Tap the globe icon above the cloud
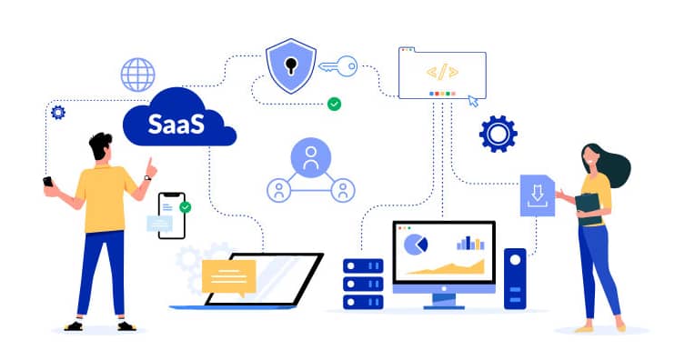point(138,75)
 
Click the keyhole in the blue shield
point(290,65)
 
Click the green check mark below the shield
point(334,105)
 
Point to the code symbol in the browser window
point(442,71)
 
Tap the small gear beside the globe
point(58,112)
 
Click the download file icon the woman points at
point(537,195)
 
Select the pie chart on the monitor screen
point(416,245)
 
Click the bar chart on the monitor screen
point(470,243)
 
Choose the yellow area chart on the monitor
point(446,265)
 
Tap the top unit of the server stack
point(363,265)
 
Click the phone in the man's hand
point(48,182)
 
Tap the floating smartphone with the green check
point(171,215)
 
